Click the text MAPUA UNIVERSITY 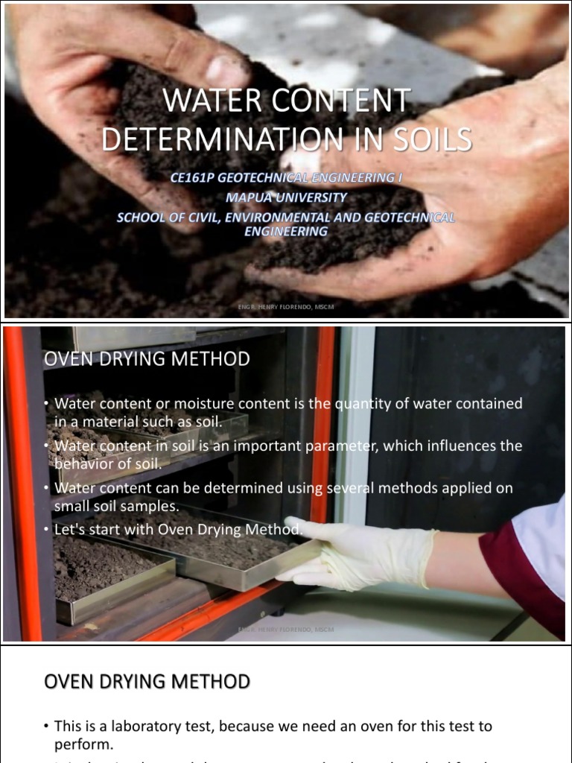286,197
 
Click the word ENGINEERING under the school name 286,231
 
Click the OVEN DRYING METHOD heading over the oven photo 147,359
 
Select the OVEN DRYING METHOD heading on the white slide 147,681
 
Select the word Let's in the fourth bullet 70,529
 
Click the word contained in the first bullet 486,403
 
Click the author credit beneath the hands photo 286,305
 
